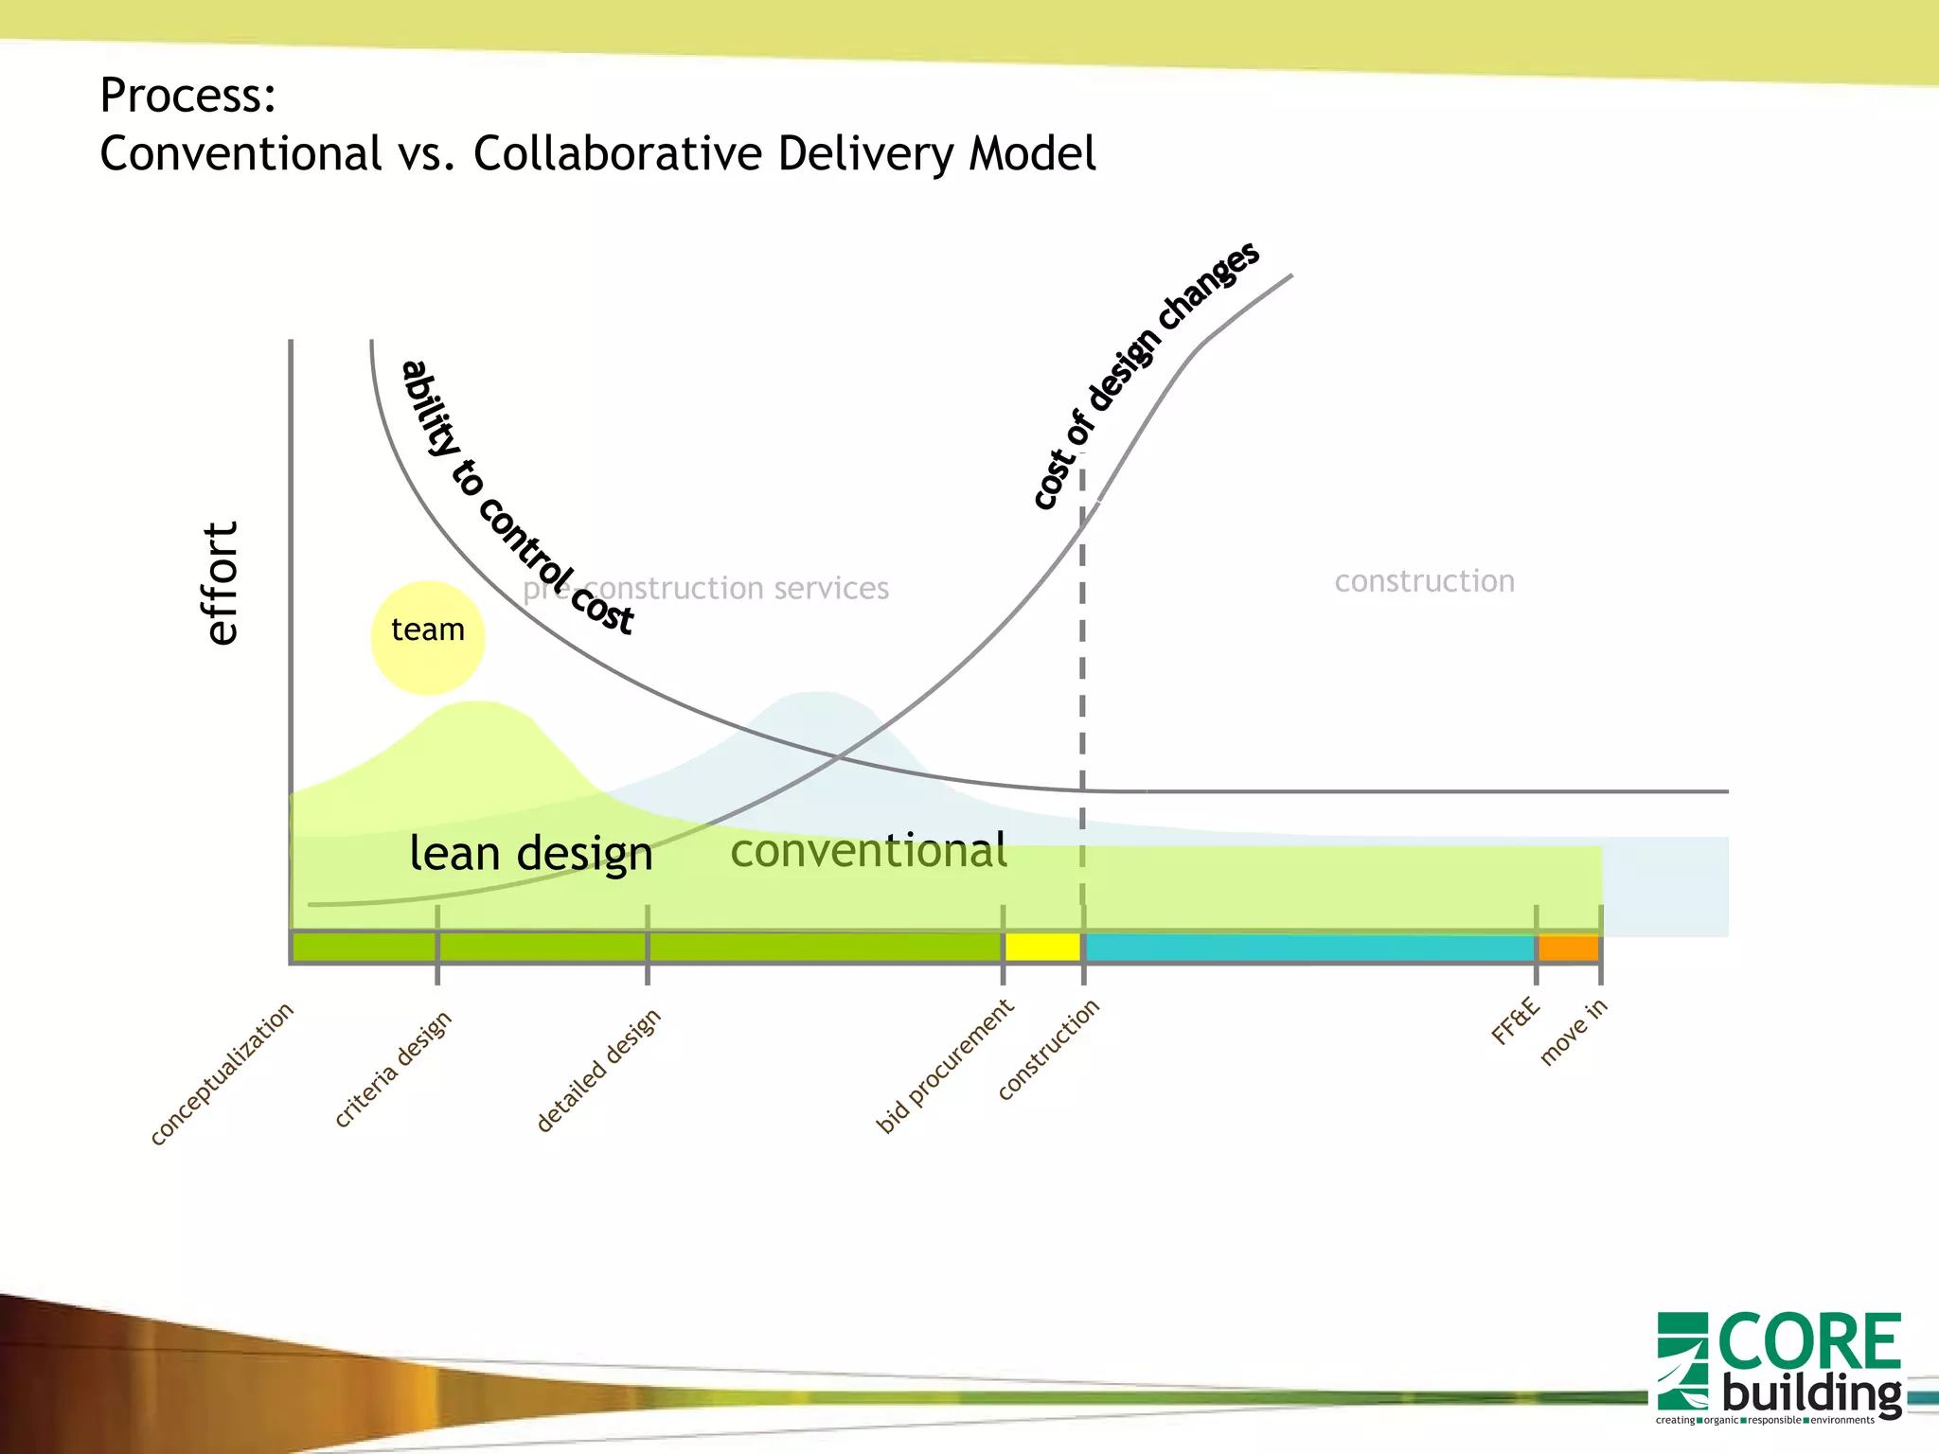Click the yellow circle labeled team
point(427,637)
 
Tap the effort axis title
point(222,583)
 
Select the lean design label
point(530,854)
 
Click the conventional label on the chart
point(868,850)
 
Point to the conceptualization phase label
point(222,1073)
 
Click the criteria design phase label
point(393,1069)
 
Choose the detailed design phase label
point(597,1071)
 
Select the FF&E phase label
point(1516,1020)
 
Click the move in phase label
point(1573,1032)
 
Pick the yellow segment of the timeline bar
point(1042,947)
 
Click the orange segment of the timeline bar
point(1569,948)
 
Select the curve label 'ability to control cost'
point(516,497)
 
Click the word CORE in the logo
point(1808,1341)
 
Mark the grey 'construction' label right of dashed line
point(1424,580)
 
